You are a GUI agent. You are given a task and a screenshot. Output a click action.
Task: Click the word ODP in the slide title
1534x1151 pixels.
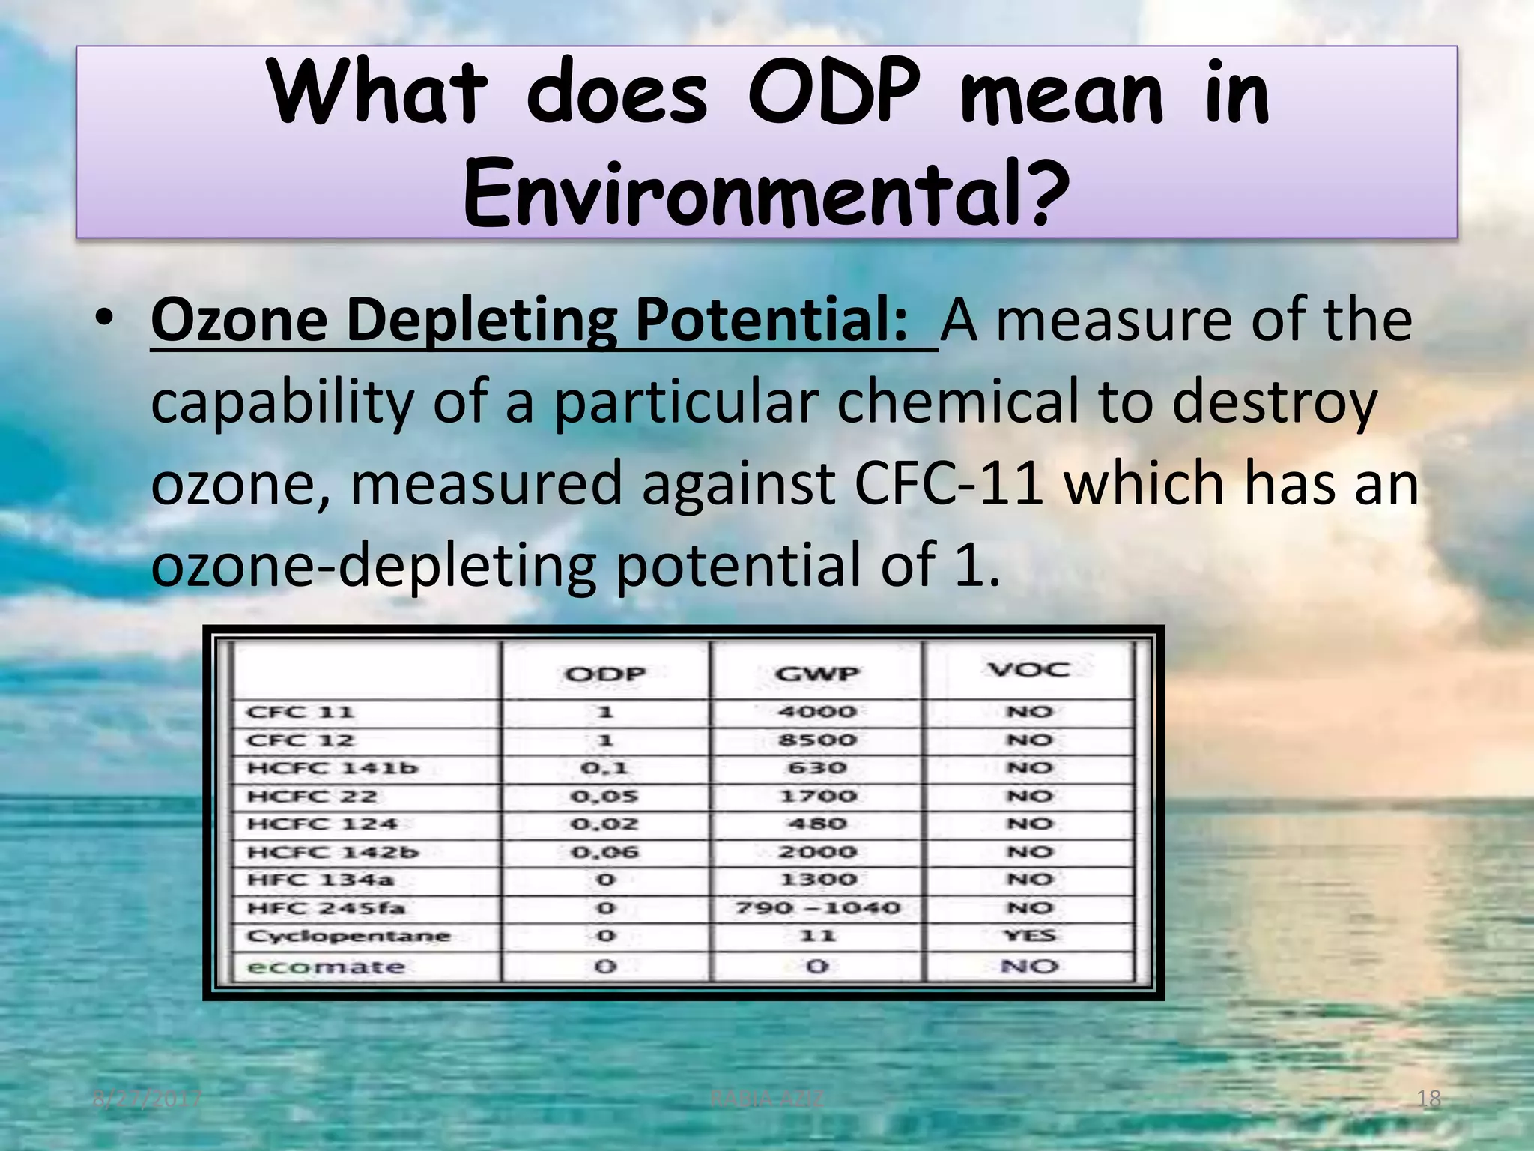point(834,94)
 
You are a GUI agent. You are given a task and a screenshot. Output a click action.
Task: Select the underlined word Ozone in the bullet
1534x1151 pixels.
point(239,320)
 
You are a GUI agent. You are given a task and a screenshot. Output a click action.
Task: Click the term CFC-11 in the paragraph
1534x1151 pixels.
point(949,483)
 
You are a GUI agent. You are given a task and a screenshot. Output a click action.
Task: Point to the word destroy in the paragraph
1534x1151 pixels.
point(1274,402)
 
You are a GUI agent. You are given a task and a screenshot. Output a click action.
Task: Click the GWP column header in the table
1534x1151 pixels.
point(816,674)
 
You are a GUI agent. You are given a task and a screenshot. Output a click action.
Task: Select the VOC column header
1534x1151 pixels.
point(1029,669)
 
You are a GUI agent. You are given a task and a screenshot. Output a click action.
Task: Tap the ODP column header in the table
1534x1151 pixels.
point(605,674)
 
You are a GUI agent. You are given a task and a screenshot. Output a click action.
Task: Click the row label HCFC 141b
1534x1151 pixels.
point(333,768)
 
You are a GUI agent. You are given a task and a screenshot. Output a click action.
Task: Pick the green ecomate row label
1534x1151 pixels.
point(327,967)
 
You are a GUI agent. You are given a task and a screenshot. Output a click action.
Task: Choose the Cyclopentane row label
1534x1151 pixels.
point(349,936)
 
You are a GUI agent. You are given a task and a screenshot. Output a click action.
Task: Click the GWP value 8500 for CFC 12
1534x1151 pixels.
point(816,740)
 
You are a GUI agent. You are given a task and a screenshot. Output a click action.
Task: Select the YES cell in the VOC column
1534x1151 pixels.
point(1029,935)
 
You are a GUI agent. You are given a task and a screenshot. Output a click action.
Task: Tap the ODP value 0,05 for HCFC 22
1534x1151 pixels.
point(604,796)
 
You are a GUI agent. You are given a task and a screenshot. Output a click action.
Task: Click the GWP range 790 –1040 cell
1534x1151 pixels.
point(816,908)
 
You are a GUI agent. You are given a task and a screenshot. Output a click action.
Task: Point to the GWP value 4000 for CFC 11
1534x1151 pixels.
point(816,711)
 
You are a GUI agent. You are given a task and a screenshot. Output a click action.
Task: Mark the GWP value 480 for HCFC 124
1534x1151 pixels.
point(816,824)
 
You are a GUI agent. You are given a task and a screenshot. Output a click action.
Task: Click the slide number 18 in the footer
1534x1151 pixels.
point(1429,1099)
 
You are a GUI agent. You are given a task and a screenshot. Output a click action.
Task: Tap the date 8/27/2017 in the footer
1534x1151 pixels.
point(148,1099)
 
